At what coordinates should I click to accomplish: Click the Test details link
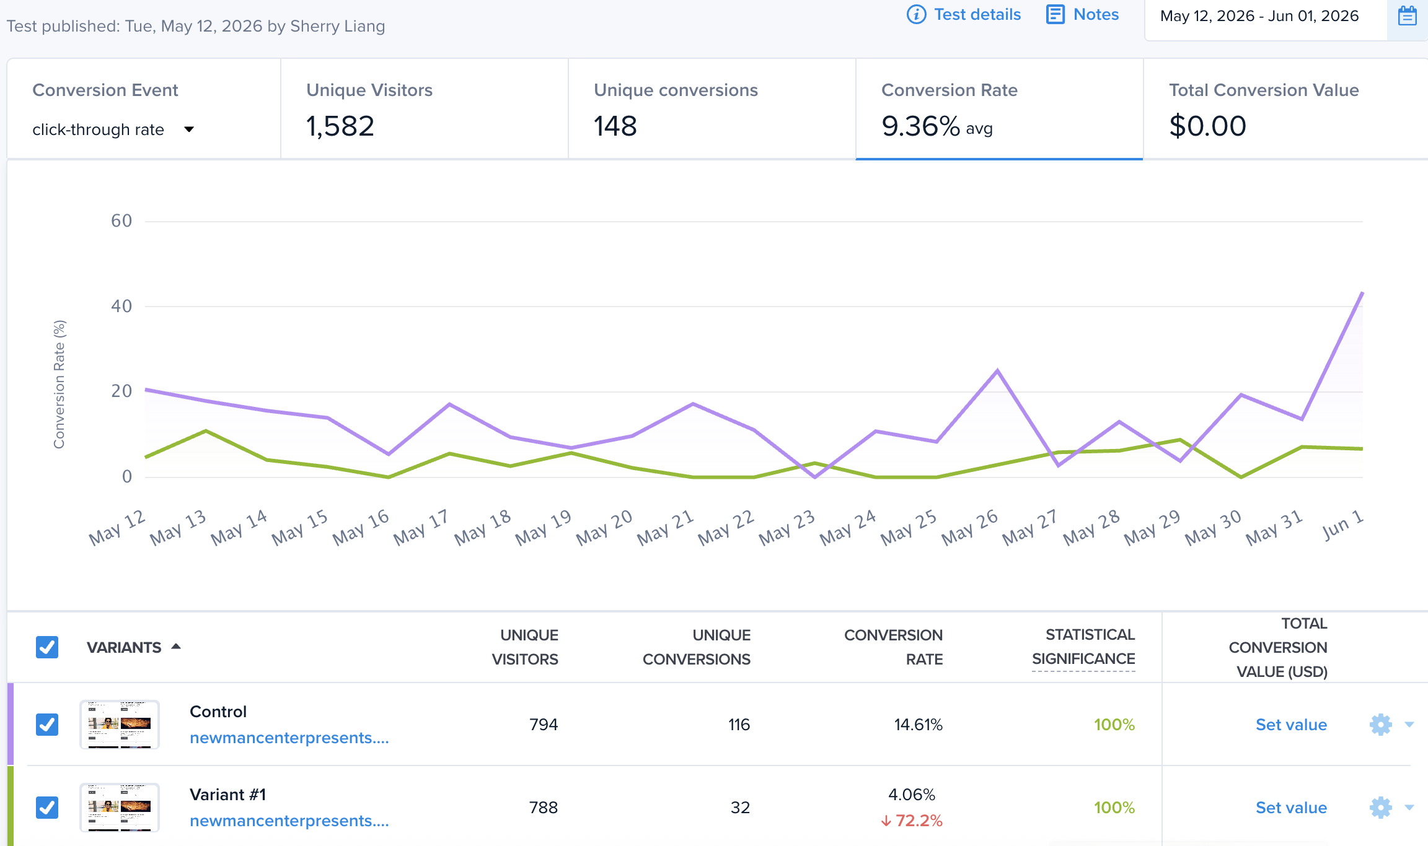click(x=964, y=14)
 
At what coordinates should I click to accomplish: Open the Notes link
click(x=1083, y=14)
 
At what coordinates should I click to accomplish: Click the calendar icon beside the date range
click(x=1408, y=15)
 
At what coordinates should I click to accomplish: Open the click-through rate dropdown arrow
click(x=189, y=129)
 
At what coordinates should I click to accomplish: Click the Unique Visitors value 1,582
click(x=340, y=126)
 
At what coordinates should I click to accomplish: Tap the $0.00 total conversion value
click(x=1207, y=126)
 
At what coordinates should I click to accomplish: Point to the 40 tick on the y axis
click(x=121, y=306)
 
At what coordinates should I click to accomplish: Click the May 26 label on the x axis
click(x=969, y=527)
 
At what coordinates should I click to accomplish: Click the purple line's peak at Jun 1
click(x=1362, y=292)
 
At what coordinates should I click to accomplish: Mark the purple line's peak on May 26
click(x=997, y=371)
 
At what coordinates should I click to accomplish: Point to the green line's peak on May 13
click(x=206, y=430)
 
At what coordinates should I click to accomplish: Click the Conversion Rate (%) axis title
click(x=59, y=384)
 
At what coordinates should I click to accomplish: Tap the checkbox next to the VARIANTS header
click(x=47, y=647)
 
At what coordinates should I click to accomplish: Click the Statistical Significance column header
click(x=1083, y=647)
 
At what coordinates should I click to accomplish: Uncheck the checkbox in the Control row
click(x=47, y=724)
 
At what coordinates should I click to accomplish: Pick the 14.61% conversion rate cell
click(x=918, y=725)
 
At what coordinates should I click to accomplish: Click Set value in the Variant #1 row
click(x=1291, y=808)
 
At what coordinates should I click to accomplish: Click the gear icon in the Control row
click(x=1381, y=725)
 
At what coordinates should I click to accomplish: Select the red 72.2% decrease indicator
click(x=912, y=821)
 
